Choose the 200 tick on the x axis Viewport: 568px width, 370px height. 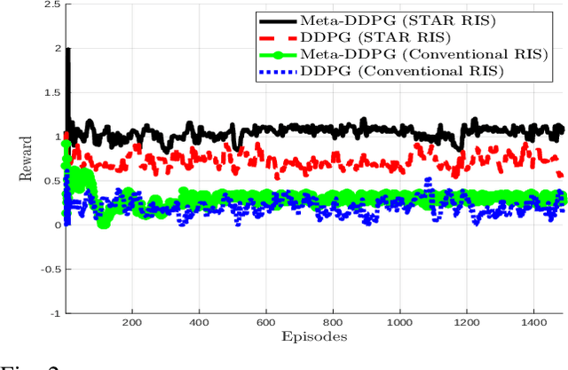pyautogui.click(x=132, y=324)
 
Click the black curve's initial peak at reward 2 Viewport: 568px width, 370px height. pyautogui.click(x=68, y=50)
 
